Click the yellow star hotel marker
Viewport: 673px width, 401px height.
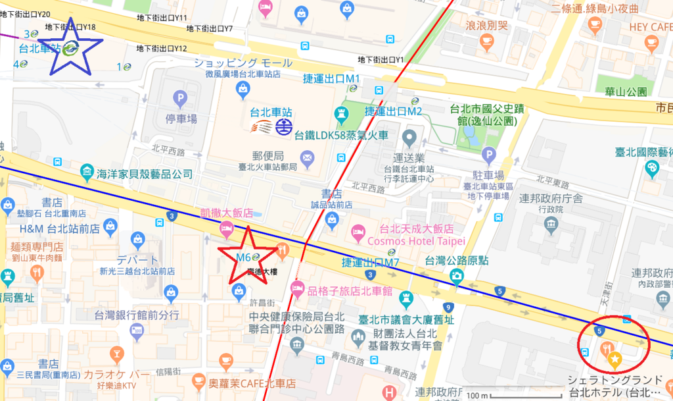coord(615,360)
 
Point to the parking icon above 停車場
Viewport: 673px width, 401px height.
coord(181,100)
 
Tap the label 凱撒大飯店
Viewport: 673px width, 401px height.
coord(227,213)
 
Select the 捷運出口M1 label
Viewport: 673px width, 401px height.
coord(332,79)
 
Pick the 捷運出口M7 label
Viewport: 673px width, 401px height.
coord(371,263)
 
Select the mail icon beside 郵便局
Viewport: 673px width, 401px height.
coord(306,157)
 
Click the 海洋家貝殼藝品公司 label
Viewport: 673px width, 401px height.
coord(145,174)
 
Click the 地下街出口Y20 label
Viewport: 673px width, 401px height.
coord(44,14)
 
